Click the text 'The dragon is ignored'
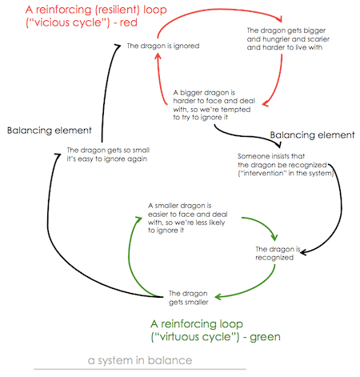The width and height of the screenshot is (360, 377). [x=163, y=46]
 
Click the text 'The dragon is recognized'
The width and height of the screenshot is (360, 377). [x=275, y=253]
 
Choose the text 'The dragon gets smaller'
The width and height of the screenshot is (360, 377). [x=188, y=297]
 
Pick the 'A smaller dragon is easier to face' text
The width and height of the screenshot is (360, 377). [x=186, y=218]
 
